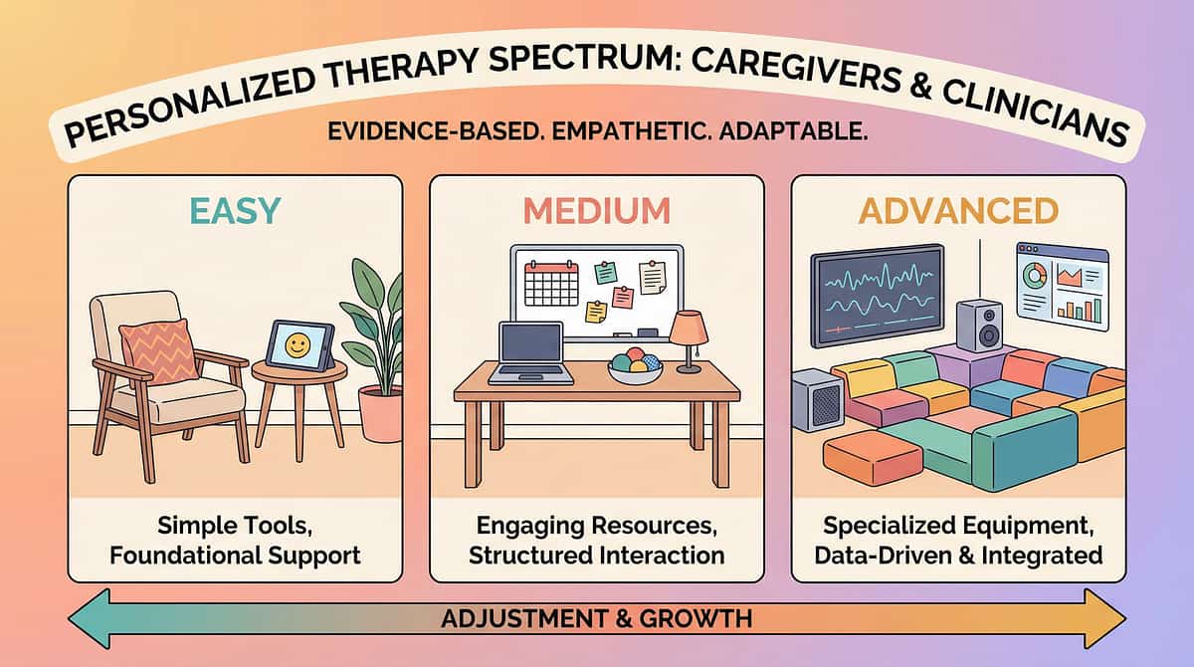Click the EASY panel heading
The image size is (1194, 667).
pyautogui.click(x=234, y=210)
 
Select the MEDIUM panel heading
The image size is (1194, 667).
pyautogui.click(x=596, y=210)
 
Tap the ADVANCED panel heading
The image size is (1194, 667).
pyautogui.click(x=958, y=210)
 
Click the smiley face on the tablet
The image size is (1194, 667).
pyautogui.click(x=296, y=345)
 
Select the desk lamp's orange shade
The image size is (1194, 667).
pyautogui.click(x=689, y=326)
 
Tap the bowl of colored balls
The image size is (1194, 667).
pyautogui.click(x=634, y=367)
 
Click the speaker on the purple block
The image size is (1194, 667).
pyautogui.click(x=978, y=326)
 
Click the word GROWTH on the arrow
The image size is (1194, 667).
pyautogui.click(x=702, y=619)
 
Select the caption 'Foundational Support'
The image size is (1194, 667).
pyautogui.click(x=235, y=554)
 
